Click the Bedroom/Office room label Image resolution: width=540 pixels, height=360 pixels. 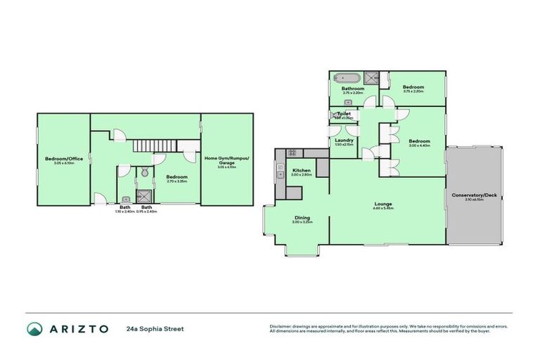[x=64, y=159]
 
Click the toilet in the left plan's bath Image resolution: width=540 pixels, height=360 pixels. [x=143, y=172]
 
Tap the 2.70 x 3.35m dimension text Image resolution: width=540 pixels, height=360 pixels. [x=176, y=181]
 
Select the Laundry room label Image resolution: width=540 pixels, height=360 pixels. [x=344, y=140]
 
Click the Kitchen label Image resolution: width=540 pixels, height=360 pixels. [x=302, y=170]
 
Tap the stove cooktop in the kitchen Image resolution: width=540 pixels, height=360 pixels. [x=291, y=152]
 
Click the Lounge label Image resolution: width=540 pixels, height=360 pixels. [x=383, y=205]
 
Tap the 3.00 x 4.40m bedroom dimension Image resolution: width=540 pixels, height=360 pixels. [x=419, y=146]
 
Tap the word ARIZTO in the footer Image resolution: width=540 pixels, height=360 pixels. [x=79, y=329]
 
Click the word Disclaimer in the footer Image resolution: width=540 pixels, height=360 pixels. [x=281, y=326]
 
